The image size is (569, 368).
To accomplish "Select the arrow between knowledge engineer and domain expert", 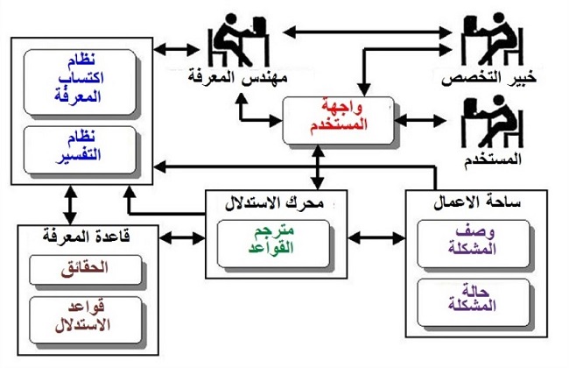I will click(x=368, y=32).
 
